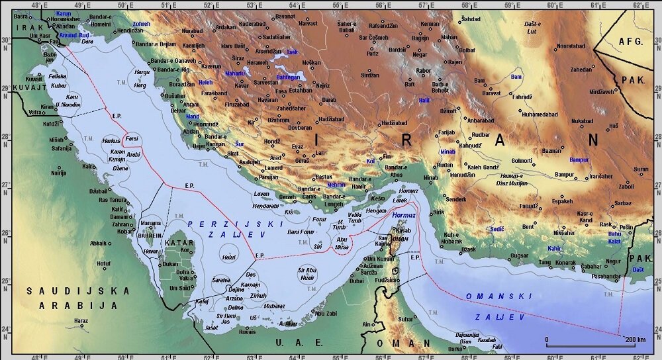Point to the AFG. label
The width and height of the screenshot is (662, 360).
click(x=630, y=41)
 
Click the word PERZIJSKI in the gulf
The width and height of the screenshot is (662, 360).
click(x=213, y=224)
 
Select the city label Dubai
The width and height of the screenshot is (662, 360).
click(x=356, y=281)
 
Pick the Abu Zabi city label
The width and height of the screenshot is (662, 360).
click(x=325, y=313)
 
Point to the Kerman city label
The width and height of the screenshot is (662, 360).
click(x=430, y=24)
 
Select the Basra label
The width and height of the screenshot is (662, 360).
click(x=22, y=15)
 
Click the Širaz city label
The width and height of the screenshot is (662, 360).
click(x=238, y=58)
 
